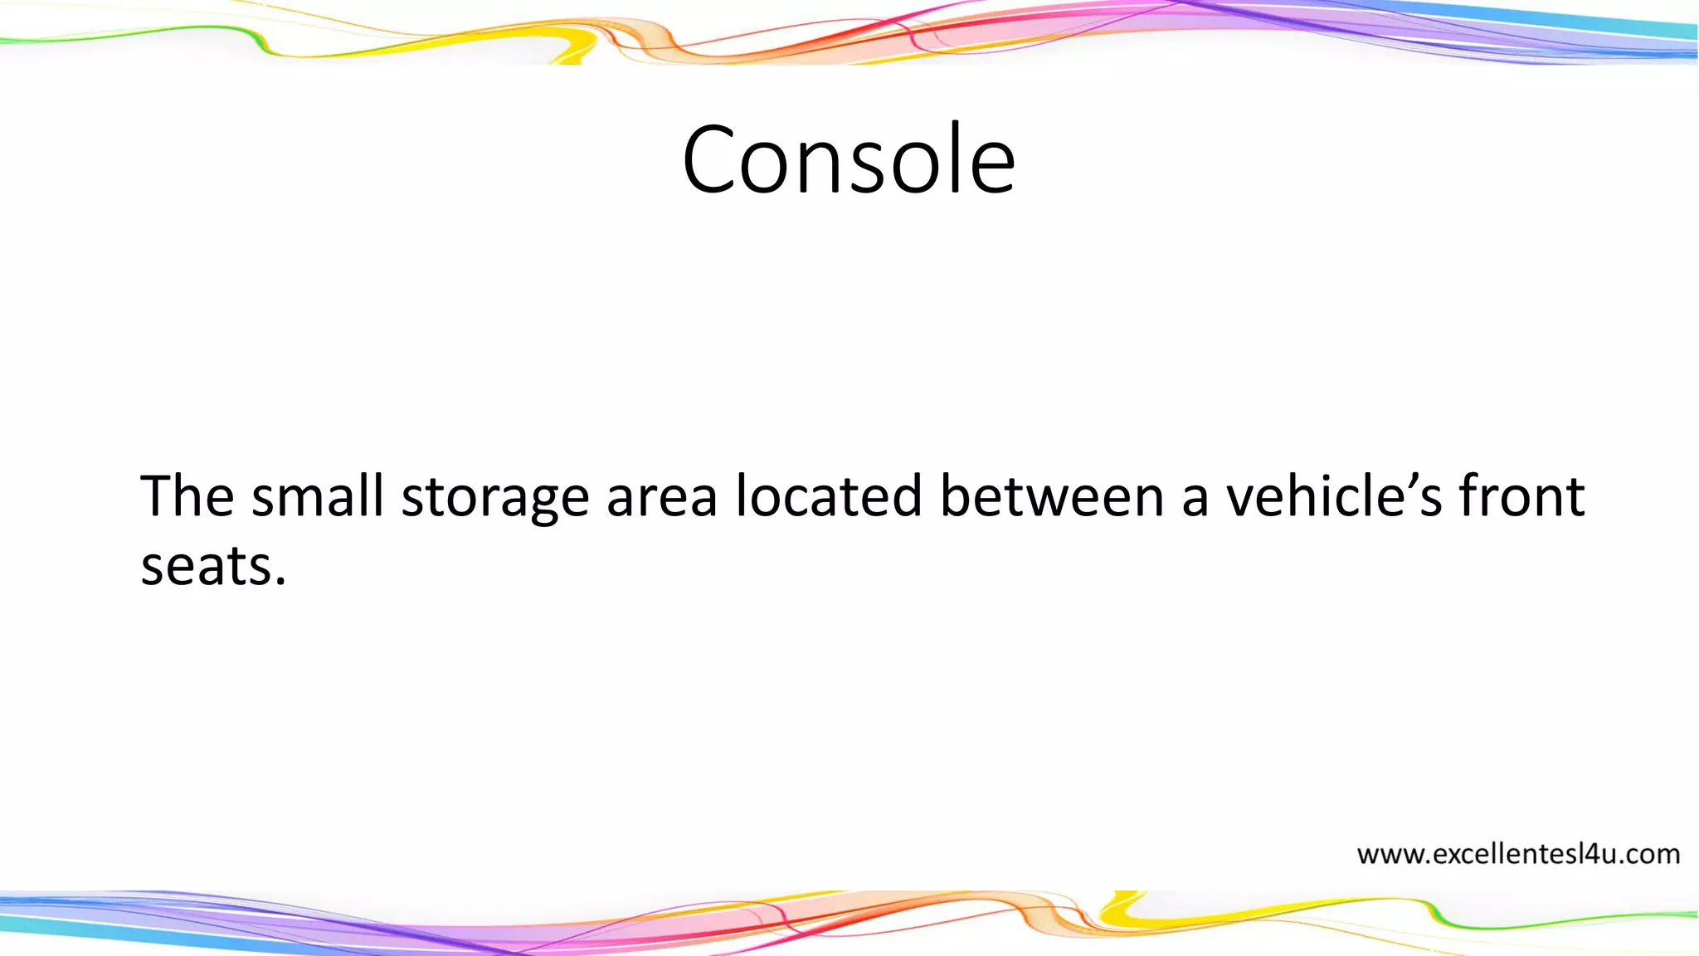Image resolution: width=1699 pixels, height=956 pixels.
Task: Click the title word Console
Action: coord(849,159)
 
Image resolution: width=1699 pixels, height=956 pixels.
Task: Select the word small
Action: coord(317,496)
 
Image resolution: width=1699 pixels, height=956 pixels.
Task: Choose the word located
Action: coord(828,496)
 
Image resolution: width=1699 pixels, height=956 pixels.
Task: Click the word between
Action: coord(1052,496)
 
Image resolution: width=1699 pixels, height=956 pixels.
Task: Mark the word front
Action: coord(1521,496)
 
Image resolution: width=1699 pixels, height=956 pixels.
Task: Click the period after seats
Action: coord(280,581)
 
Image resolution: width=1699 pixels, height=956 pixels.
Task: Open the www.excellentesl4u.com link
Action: coord(1518,854)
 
